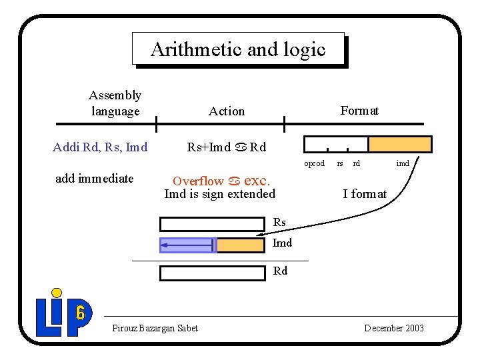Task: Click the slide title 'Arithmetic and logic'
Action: point(238,49)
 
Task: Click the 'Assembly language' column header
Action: point(115,103)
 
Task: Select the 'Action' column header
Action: point(227,111)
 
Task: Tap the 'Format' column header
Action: point(359,111)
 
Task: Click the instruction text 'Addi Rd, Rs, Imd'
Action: point(100,147)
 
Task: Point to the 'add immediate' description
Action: point(94,178)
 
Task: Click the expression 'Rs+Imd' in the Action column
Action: point(209,147)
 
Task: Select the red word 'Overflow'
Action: point(198,181)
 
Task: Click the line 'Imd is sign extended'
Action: point(219,194)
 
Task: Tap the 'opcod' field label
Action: point(315,163)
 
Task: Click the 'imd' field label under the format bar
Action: point(403,163)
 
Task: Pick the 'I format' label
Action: point(365,194)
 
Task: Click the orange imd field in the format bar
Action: point(400,144)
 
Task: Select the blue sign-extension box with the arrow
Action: point(188,245)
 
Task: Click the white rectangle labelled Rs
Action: point(212,223)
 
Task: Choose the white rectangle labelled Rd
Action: point(212,273)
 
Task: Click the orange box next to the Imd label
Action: point(241,245)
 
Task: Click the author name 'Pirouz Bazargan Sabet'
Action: point(155,328)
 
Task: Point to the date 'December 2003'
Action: point(394,328)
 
